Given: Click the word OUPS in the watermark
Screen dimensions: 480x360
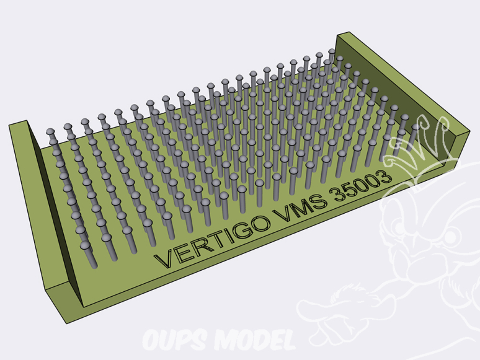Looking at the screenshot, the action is tap(176, 340).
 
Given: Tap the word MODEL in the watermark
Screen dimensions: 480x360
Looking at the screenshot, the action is tap(254, 340).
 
